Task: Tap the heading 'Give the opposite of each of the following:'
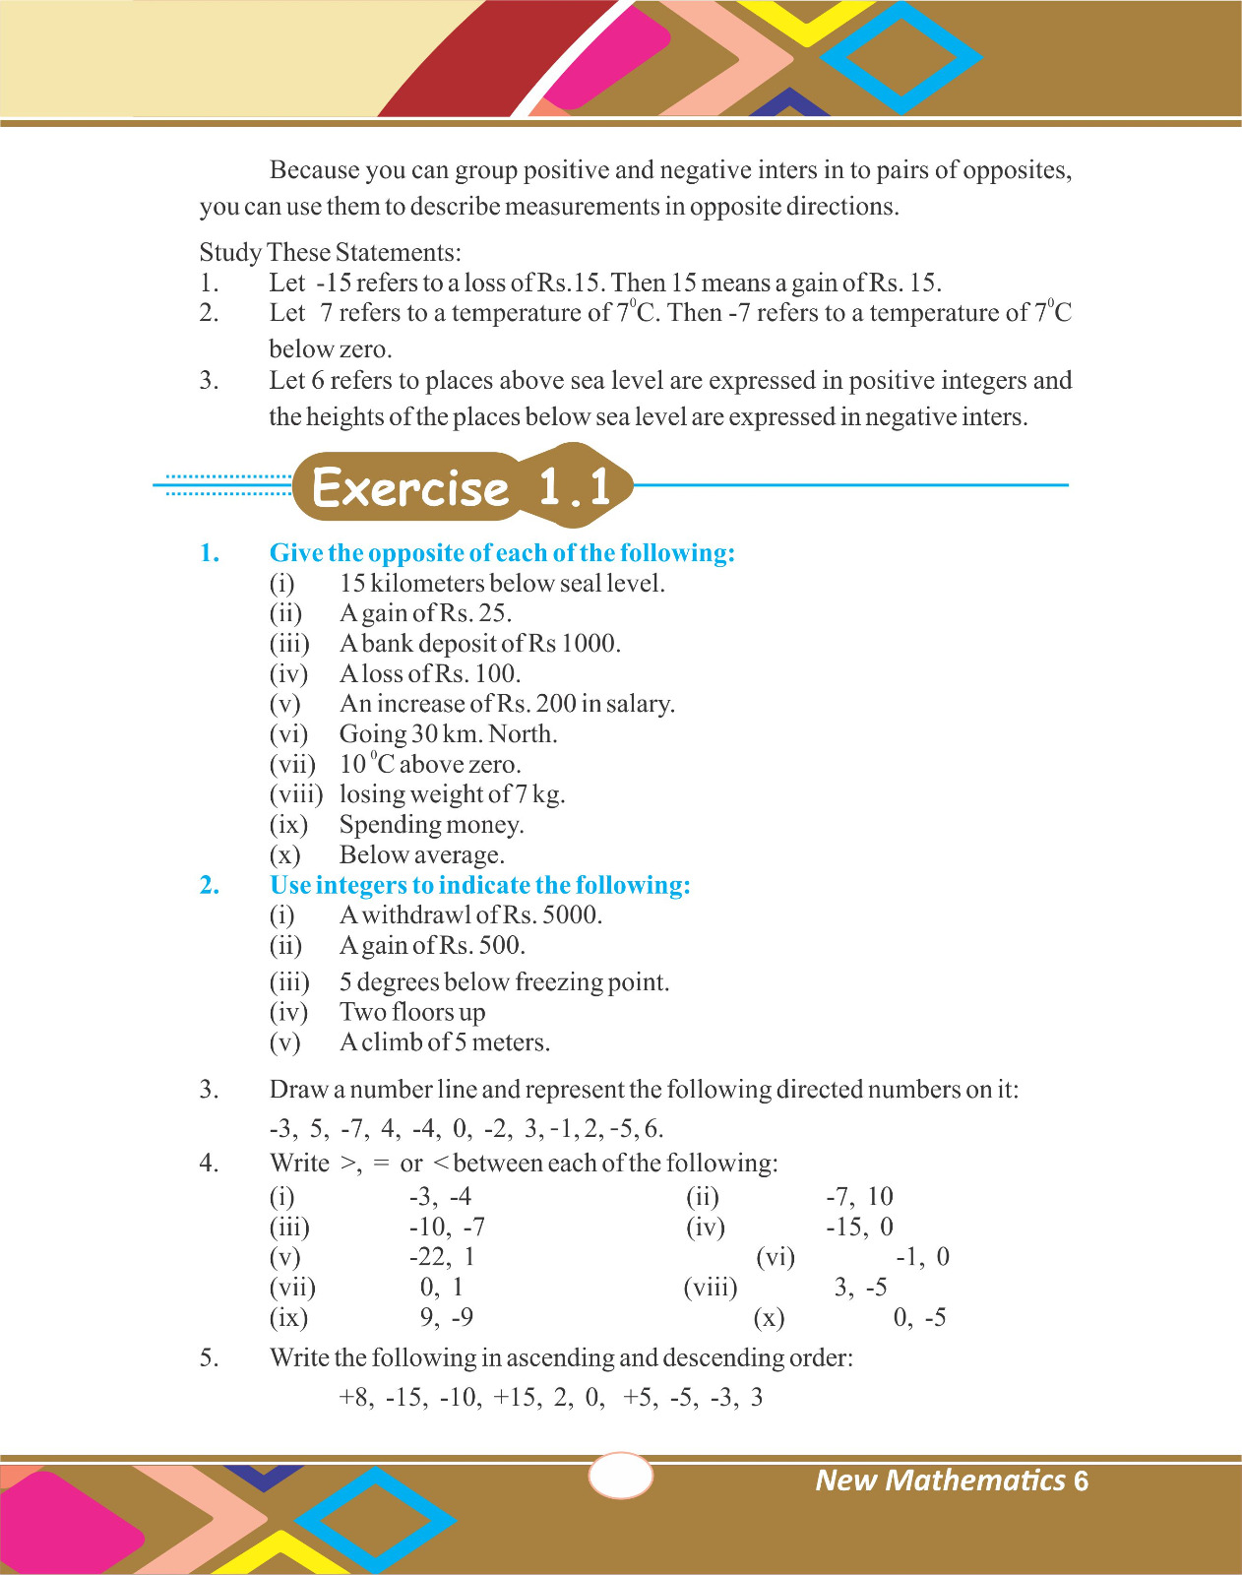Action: pos(502,553)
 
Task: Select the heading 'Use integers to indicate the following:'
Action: pos(479,885)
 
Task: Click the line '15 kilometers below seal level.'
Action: pos(502,584)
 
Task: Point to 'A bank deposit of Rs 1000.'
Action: pos(479,644)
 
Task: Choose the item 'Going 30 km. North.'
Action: pos(448,734)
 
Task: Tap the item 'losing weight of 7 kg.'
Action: pos(452,794)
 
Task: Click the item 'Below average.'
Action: pos(421,855)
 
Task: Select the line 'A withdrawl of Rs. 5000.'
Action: pos(470,915)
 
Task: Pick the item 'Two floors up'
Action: pos(412,1012)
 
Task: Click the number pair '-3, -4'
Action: pos(440,1197)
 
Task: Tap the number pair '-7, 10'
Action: pos(859,1197)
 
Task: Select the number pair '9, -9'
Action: pos(446,1317)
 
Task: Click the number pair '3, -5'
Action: pos(860,1288)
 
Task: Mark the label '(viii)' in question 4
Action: pos(710,1288)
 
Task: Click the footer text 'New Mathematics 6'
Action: pos(952,1480)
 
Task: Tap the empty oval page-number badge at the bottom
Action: pos(620,1476)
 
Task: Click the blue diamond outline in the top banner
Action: pos(901,57)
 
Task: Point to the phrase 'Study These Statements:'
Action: pos(330,253)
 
